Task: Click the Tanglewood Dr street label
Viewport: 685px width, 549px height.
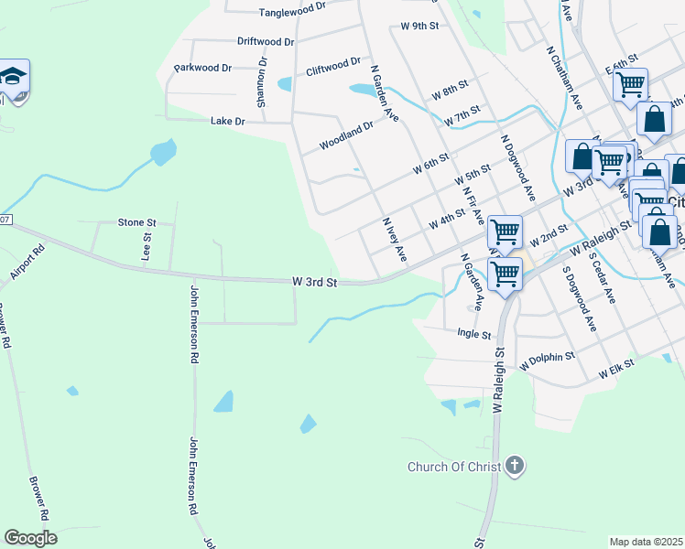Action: pyautogui.click(x=292, y=12)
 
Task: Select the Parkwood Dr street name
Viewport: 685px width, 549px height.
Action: pyautogui.click(x=203, y=68)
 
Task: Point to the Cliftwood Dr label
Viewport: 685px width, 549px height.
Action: pyautogui.click(x=333, y=67)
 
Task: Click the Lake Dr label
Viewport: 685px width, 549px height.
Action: pyautogui.click(x=228, y=121)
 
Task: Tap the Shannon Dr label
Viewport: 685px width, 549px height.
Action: pyautogui.click(x=262, y=83)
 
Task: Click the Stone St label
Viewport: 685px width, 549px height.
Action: pyautogui.click(x=138, y=222)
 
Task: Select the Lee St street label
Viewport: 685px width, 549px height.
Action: pyautogui.click(x=146, y=246)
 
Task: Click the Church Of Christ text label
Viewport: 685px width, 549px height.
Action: pyautogui.click(x=454, y=468)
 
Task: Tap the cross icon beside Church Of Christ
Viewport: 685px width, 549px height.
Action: pyautogui.click(x=515, y=467)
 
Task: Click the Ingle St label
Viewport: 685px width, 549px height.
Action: pyautogui.click(x=474, y=335)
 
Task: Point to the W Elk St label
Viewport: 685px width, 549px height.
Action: pyautogui.click(x=616, y=372)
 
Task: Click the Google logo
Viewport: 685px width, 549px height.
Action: pyautogui.click(x=31, y=538)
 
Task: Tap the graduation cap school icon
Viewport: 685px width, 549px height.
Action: pyautogui.click(x=13, y=77)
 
